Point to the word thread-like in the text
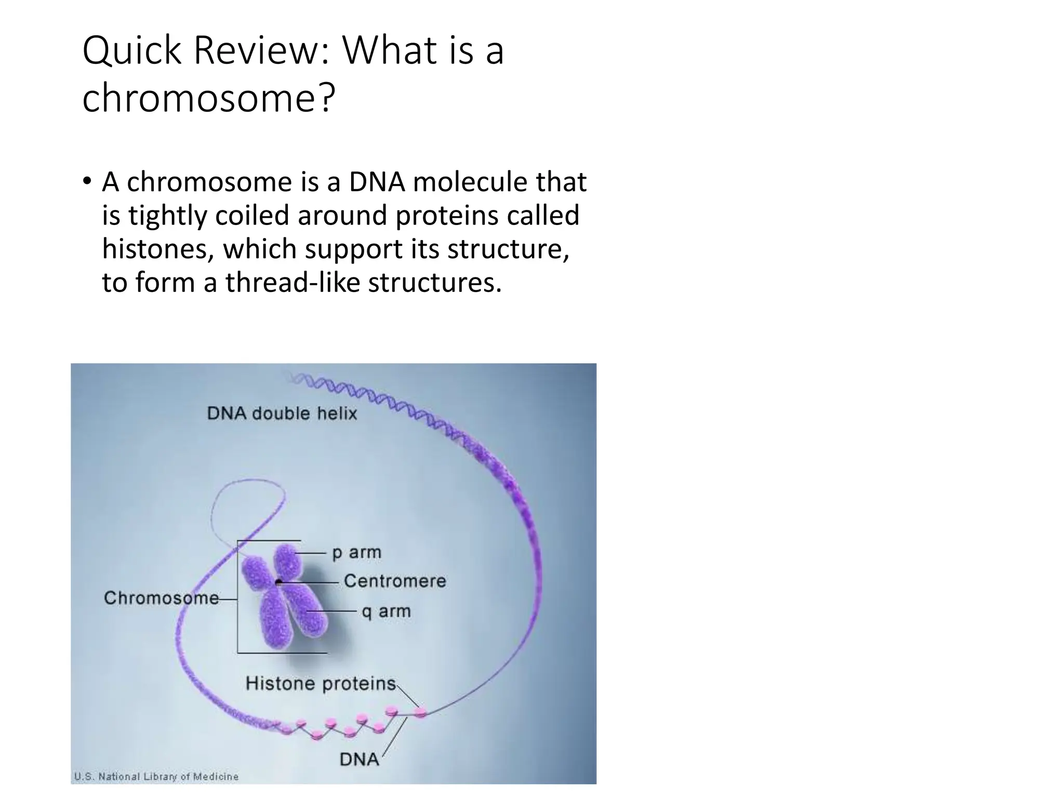pos(292,283)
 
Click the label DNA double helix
pos(282,414)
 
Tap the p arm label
pos(356,553)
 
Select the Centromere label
pos(395,581)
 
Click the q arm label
pos(386,611)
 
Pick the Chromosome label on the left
pos(161,598)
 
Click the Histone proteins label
pos(321,683)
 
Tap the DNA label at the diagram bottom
pos(359,760)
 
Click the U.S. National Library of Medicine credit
pos(156,777)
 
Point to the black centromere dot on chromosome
pos(279,582)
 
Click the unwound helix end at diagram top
pos(299,378)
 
